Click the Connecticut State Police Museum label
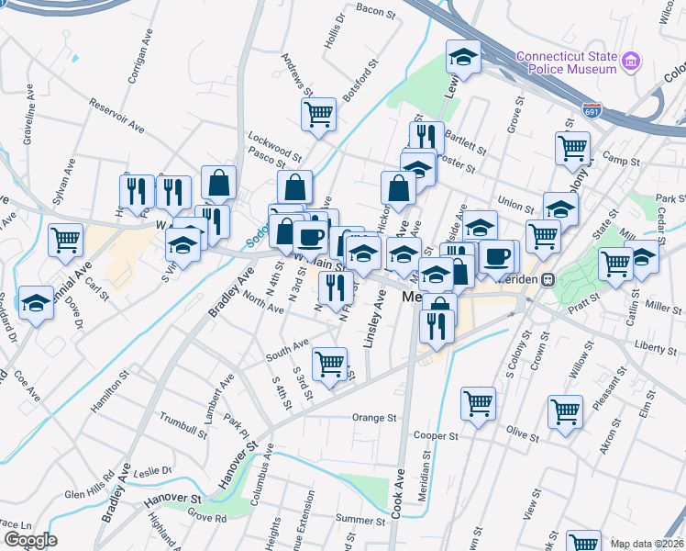tap(566, 62)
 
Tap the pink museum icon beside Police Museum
tap(630, 62)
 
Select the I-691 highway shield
tap(592, 111)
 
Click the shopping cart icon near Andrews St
tap(318, 114)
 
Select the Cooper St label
tap(435, 434)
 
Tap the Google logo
tap(30, 540)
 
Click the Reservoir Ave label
tap(116, 114)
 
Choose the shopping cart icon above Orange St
tap(478, 402)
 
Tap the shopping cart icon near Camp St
tap(572, 147)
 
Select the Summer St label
tap(359, 520)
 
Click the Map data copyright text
tap(647, 544)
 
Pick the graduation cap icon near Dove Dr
tap(36, 302)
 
